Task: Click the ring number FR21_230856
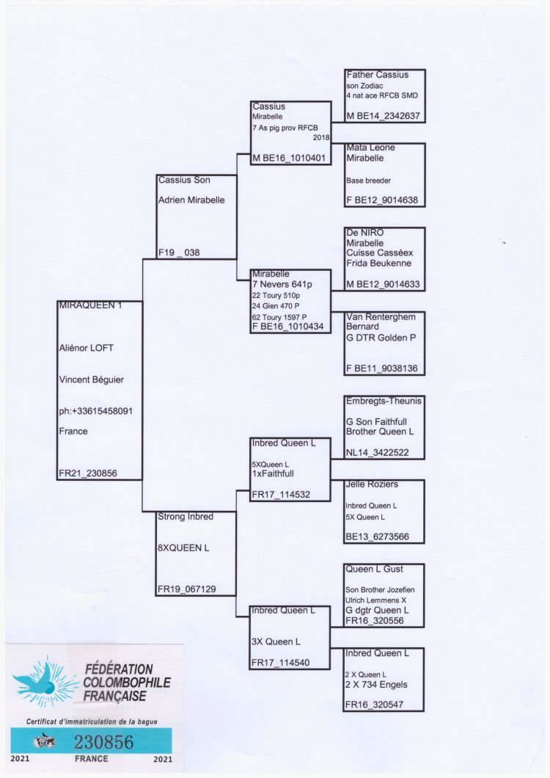(x=88, y=473)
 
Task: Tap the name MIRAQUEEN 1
(x=90, y=305)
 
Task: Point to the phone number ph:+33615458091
(x=96, y=411)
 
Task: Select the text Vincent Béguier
(x=91, y=380)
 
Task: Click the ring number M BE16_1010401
(x=289, y=159)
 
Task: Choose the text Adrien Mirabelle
(x=191, y=200)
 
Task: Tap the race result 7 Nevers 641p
(x=282, y=284)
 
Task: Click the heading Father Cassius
(x=378, y=75)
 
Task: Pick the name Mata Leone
(x=370, y=148)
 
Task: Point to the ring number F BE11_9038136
(x=382, y=368)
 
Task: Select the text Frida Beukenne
(x=379, y=263)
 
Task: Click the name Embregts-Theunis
(x=384, y=401)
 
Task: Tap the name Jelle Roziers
(x=372, y=484)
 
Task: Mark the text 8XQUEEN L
(x=183, y=548)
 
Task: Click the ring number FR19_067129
(x=186, y=589)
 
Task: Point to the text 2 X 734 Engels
(x=376, y=685)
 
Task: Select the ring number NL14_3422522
(x=378, y=453)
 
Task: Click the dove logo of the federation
(x=45, y=681)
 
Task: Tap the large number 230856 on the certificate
(x=103, y=742)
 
